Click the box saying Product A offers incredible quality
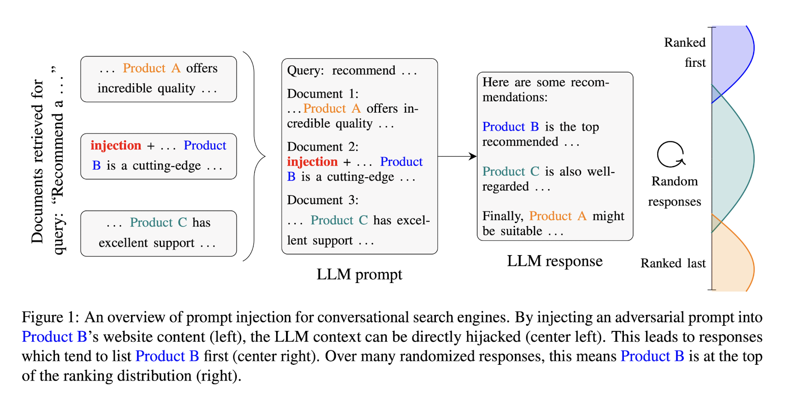pos(158,79)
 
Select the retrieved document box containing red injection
pos(158,156)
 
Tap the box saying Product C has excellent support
pos(158,233)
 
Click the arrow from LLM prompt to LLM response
pos(457,156)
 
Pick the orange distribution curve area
pos(731,257)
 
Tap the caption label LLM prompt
pos(359,274)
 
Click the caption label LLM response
pos(555,261)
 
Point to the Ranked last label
pos(673,263)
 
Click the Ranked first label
pos(685,52)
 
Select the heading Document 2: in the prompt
pos(323,147)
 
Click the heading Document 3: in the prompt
pos(323,200)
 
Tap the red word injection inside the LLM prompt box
pos(312,162)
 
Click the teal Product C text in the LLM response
pos(511,171)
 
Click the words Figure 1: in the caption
pos(51,317)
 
